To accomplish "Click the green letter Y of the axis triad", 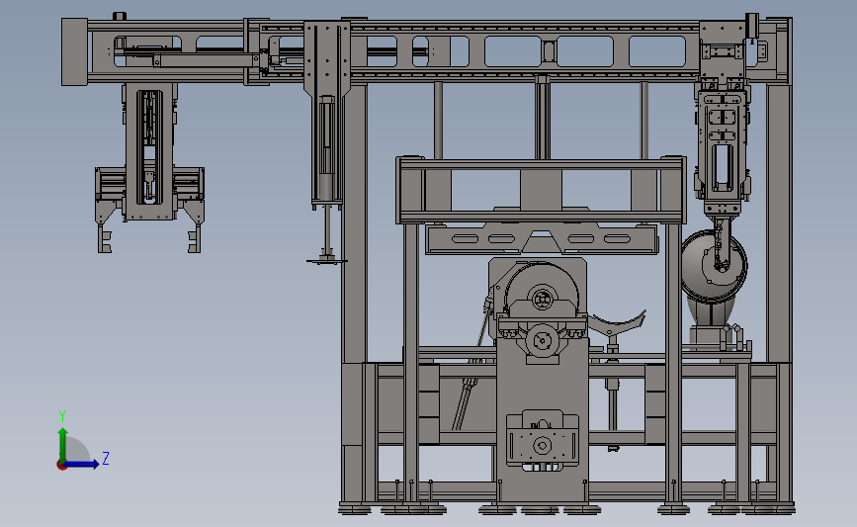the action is tap(62, 416).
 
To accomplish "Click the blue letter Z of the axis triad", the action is tap(106, 458).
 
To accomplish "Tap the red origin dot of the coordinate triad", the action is tap(61, 465).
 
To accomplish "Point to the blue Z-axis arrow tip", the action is tap(97, 464).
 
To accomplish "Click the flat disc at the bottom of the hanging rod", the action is tap(327, 261).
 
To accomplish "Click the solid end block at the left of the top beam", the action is tap(74, 52).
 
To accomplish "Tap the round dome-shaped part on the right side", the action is tap(714, 266).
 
